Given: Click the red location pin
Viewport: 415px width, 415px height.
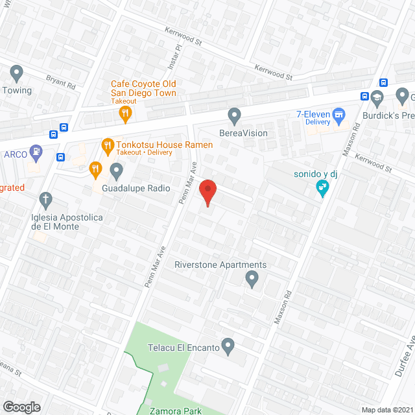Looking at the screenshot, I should (x=207, y=193).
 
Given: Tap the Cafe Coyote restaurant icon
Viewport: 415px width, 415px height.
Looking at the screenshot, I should (x=125, y=115).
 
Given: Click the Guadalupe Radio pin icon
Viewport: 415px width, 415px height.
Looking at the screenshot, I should (x=117, y=171).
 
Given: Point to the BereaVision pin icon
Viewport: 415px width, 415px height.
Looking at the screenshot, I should (x=235, y=116).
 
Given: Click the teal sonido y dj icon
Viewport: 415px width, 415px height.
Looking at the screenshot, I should (x=322, y=188).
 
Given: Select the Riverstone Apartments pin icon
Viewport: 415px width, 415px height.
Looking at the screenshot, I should (x=252, y=279).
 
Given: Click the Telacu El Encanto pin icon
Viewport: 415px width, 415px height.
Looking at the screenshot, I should (x=228, y=346).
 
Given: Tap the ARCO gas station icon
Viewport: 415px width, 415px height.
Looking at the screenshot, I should (x=37, y=154).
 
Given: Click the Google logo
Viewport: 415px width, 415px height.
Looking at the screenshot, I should (x=21, y=407).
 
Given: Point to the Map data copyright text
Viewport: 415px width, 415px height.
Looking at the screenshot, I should (x=387, y=410).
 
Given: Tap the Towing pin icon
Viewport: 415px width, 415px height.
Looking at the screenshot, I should (x=17, y=73).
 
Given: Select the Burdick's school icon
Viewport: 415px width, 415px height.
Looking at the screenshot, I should (x=378, y=98).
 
